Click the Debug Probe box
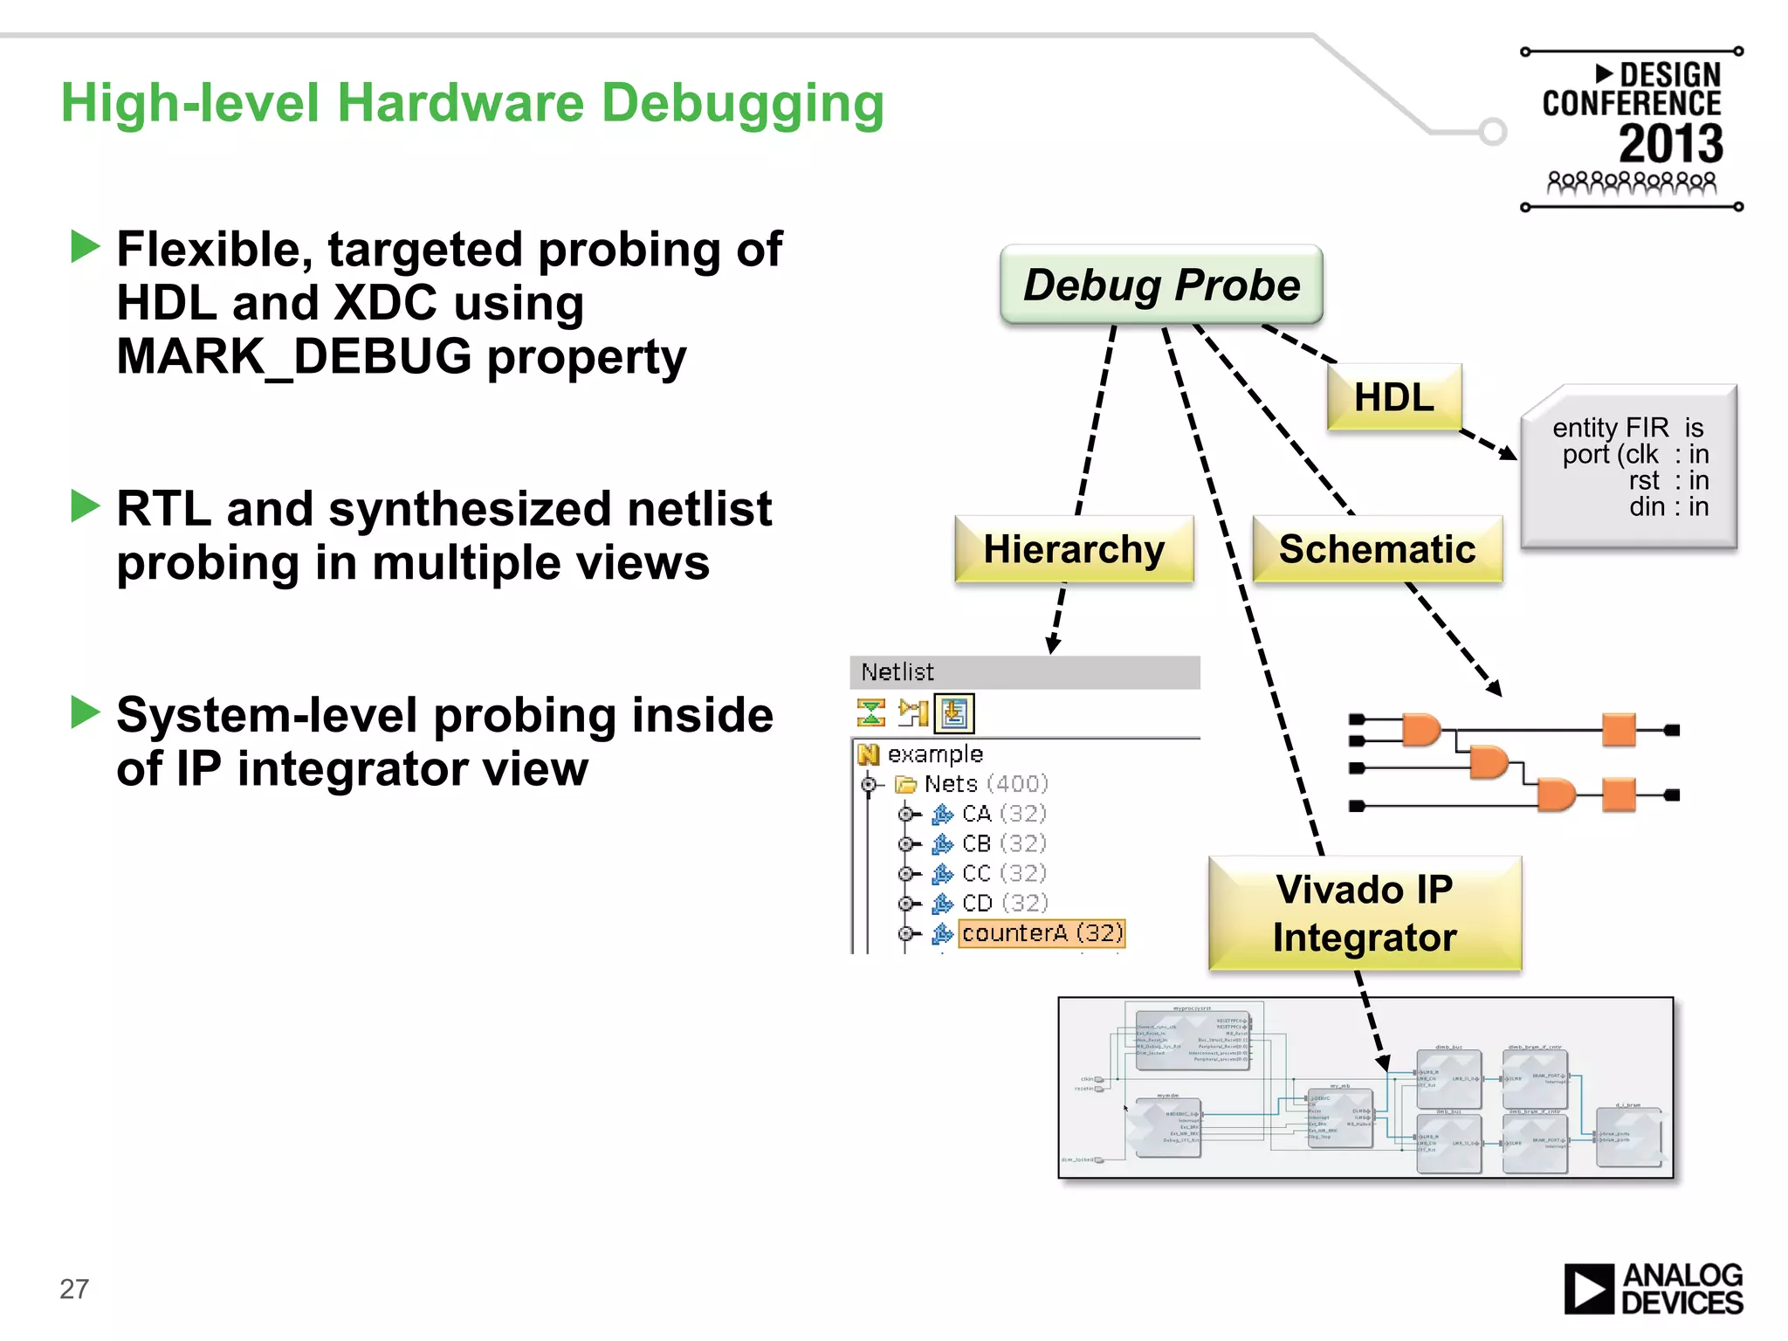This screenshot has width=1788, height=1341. pyautogui.click(x=1161, y=285)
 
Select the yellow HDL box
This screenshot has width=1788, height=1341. pyautogui.click(x=1393, y=398)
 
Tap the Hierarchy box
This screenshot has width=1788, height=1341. pyautogui.click(x=1074, y=550)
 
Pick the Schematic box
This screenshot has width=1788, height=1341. pyautogui.click(x=1377, y=550)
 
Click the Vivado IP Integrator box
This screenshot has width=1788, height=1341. pyautogui.click(x=1364, y=913)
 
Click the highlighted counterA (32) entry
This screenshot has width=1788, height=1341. pyautogui.click(x=1042, y=933)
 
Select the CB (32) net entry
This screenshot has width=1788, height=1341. pyautogui.click(x=1003, y=843)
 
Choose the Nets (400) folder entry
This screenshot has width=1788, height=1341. pyautogui.click(x=985, y=784)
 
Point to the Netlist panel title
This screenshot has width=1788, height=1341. pyautogui.click(x=897, y=672)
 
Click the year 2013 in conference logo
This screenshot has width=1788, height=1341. pyautogui.click(x=1670, y=144)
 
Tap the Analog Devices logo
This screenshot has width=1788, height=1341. pyautogui.click(x=1653, y=1289)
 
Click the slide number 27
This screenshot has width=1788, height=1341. pyautogui.click(x=74, y=1289)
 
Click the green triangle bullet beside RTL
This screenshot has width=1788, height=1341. pyautogui.click(x=86, y=505)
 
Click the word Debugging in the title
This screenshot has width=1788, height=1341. pyautogui.click(x=743, y=104)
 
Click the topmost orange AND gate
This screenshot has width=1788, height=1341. pyautogui.click(x=1421, y=729)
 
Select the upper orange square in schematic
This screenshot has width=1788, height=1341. pyautogui.click(x=1619, y=729)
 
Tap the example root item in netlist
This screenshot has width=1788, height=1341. pyautogui.click(x=934, y=754)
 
